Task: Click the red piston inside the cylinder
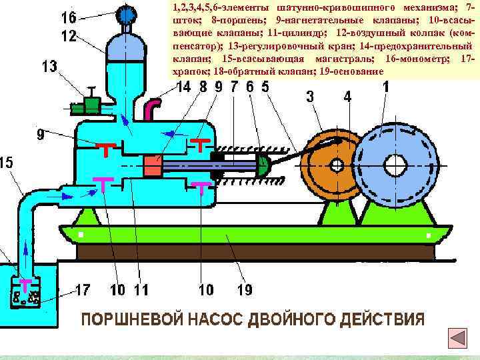point(153,166)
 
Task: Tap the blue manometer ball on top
point(125,14)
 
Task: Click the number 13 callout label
point(50,66)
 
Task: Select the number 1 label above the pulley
point(386,86)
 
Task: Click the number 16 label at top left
point(69,17)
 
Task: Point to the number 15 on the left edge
point(6,163)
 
